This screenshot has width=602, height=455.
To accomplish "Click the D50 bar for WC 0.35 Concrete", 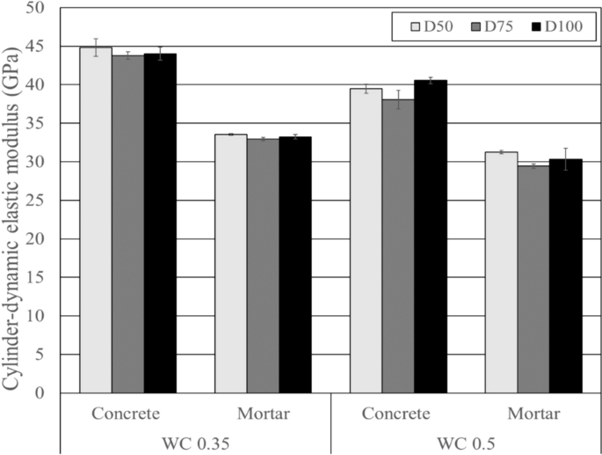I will pos(96,220).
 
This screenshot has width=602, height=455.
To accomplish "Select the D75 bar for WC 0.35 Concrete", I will pos(128,224).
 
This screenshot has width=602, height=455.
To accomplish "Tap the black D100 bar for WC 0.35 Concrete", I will pos(160,224).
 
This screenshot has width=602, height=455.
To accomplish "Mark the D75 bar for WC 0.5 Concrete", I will pos(398,246).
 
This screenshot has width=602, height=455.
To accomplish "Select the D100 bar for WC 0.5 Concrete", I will pos(431,237).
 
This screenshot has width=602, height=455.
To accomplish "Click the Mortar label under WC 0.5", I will pos(533,414).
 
